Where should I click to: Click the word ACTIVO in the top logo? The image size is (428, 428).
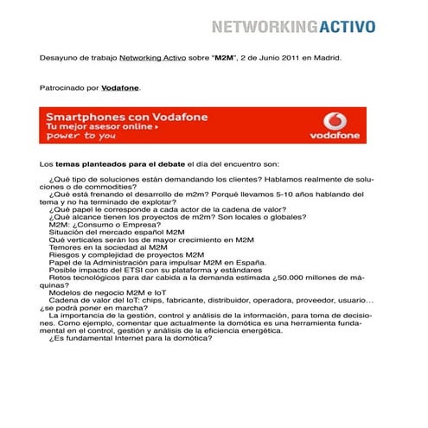pyautogui.click(x=342, y=25)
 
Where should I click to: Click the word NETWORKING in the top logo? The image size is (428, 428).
pyautogui.click(x=261, y=25)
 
